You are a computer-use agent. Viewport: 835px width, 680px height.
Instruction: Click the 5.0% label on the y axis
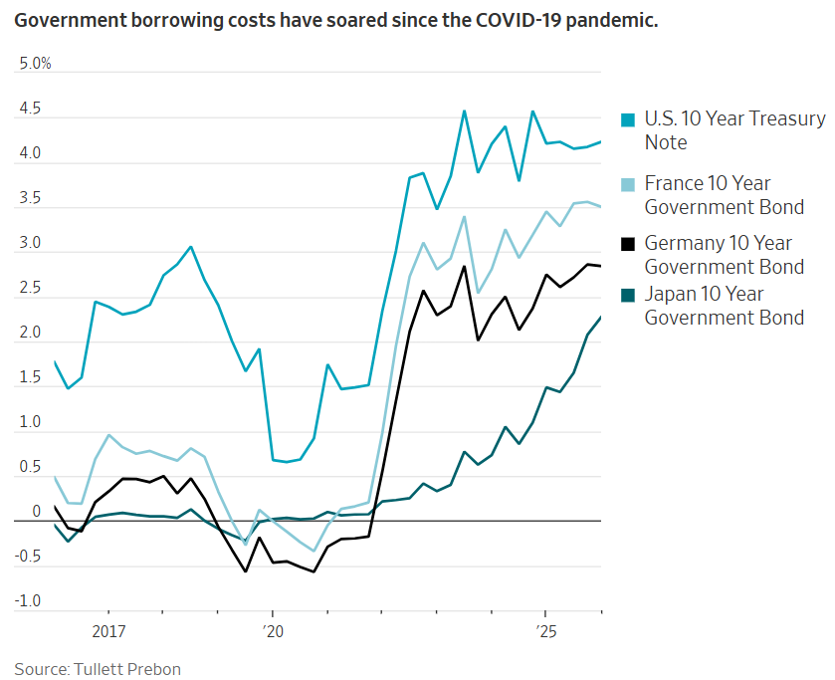[x=35, y=65]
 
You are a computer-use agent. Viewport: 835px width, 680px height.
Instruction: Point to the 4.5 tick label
[x=30, y=110]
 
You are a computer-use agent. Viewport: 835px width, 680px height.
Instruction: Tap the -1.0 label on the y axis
[x=28, y=601]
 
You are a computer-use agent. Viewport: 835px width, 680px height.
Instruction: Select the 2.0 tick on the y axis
[x=30, y=334]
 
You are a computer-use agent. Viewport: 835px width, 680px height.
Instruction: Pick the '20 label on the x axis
[x=273, y=631]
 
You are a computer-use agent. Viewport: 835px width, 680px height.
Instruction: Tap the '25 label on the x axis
[x=545, y=631]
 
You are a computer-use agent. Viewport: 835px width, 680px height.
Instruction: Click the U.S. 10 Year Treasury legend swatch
[x=628, y=119]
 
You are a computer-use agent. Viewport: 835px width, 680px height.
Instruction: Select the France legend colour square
[x=628, y=184]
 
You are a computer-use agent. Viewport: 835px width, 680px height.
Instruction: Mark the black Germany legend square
[x=628, y=244]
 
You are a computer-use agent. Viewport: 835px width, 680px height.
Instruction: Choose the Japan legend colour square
[x=628, y=295]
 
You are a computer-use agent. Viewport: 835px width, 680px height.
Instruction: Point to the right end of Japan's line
[x=600, y=318]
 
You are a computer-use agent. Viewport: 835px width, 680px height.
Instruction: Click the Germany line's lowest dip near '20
[x=246, y=571]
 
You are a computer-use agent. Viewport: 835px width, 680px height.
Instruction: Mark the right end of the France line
[x=600, y=207]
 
